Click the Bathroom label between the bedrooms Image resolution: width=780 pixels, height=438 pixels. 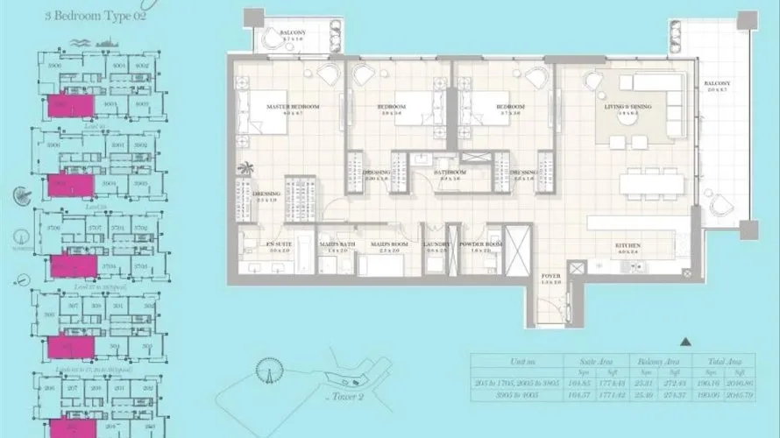pyautogui.click(x=451, y=173)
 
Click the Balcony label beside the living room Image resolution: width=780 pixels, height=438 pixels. pyautogui.click(x=717, y=84)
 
